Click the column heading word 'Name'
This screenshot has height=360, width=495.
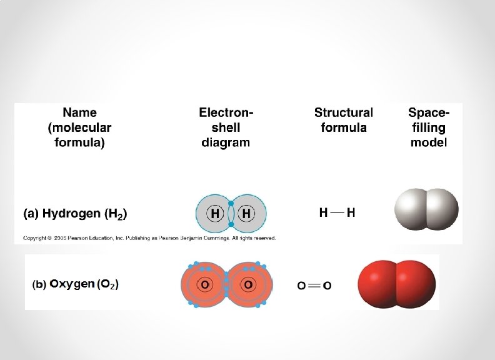79,112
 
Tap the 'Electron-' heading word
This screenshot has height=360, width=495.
226,112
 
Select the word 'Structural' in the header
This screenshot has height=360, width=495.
343,112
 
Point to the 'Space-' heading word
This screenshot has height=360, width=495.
428,112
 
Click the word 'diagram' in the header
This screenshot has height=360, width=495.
226,142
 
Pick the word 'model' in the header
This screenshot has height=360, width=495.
428,142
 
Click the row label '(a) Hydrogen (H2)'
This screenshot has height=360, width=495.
75,214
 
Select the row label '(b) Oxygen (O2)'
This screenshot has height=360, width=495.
75,284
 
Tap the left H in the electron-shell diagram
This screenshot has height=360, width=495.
215,213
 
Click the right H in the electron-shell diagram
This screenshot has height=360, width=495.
247,213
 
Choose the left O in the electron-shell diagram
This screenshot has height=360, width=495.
204,285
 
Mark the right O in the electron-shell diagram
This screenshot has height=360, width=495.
248,285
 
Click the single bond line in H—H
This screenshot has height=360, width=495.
337,212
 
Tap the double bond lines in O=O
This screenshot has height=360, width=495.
314,286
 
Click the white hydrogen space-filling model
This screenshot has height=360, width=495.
426,209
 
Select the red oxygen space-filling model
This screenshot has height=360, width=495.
396,284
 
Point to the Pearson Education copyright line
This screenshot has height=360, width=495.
149,238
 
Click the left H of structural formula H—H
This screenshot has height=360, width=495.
323,212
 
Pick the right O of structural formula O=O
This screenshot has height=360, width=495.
327,286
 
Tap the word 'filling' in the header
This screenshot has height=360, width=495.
428,127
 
